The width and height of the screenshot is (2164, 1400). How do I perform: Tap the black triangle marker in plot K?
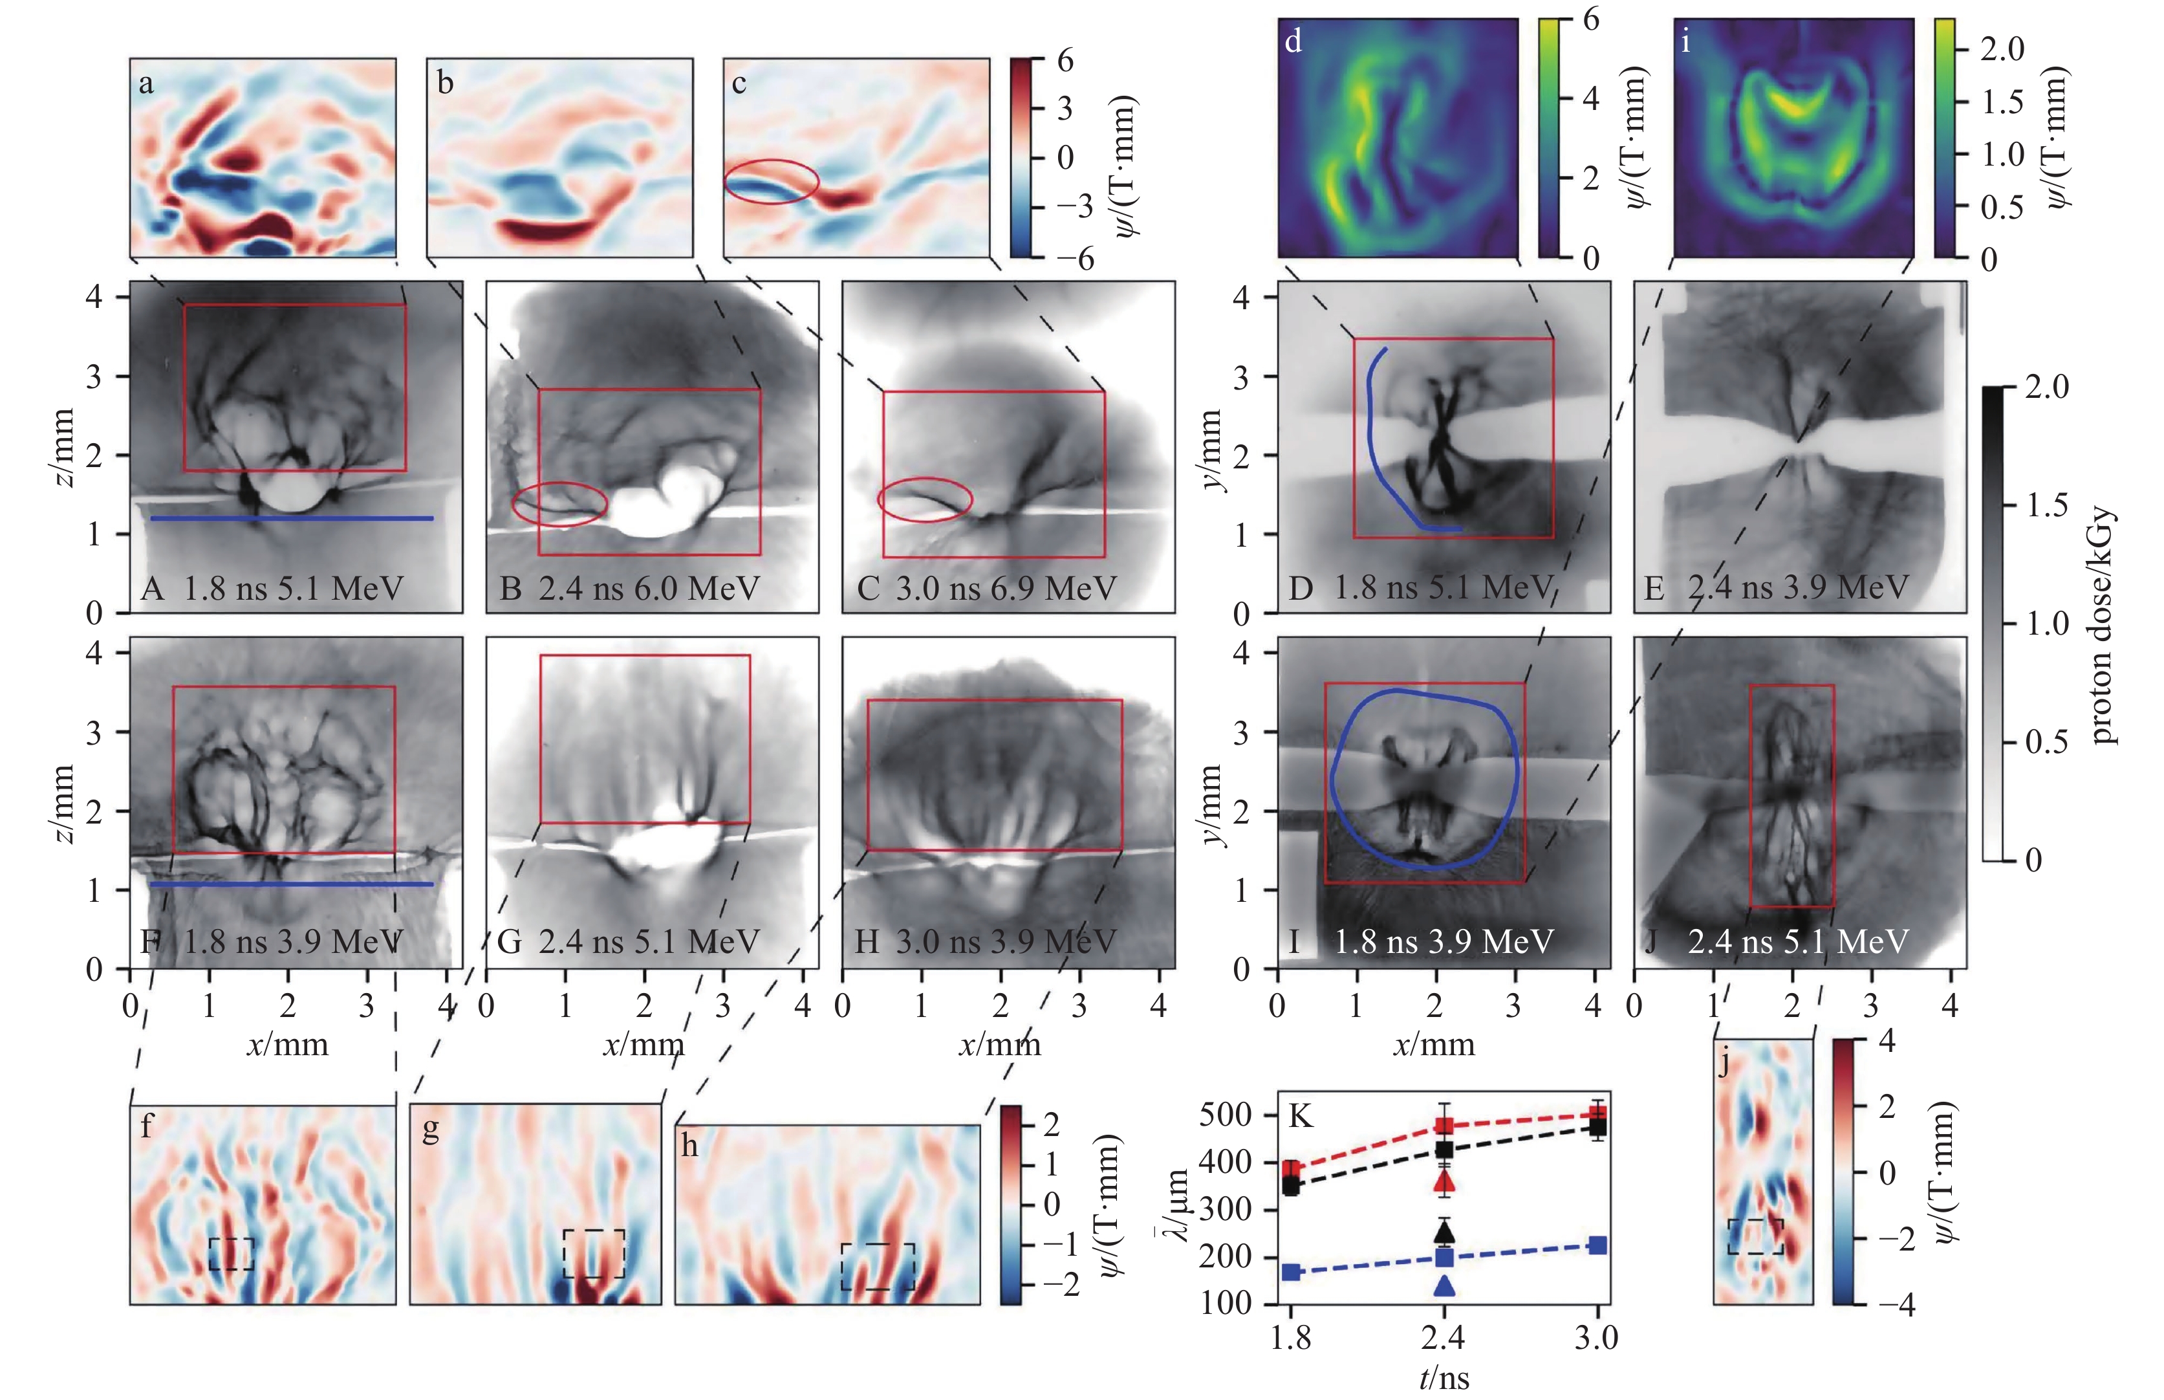click(x=1444, y=1232)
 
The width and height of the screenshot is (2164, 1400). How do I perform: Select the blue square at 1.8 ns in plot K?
click(x=1291, y=1271)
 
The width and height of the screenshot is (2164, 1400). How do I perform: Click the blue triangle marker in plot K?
click(x=1444, y=1285)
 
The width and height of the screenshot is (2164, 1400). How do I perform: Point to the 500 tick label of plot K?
click(x=1226, y=1115)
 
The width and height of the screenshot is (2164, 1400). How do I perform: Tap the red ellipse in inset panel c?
click(x=771, y=181)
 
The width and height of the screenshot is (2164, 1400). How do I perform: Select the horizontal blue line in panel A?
click(x=291, y=518)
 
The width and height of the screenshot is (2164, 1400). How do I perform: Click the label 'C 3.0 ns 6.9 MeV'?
click(x=986, y=588)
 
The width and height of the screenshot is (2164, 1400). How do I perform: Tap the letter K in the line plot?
click(x=1301, y=1115)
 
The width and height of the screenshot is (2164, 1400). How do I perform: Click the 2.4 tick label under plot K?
click(x=1444, y=1338)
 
